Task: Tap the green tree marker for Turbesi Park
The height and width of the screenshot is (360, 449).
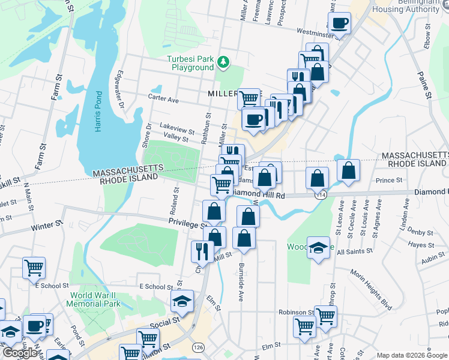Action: [223, 62]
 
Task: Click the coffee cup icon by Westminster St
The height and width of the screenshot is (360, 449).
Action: [340, 23]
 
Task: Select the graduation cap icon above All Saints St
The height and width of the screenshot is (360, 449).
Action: [318, 247]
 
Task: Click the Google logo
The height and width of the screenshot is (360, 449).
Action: [19, 353]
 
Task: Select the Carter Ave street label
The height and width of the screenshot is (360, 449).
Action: [164, 100]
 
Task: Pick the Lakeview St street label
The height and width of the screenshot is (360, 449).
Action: [177, 130]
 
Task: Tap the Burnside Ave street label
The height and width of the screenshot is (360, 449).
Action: [241, 281]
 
